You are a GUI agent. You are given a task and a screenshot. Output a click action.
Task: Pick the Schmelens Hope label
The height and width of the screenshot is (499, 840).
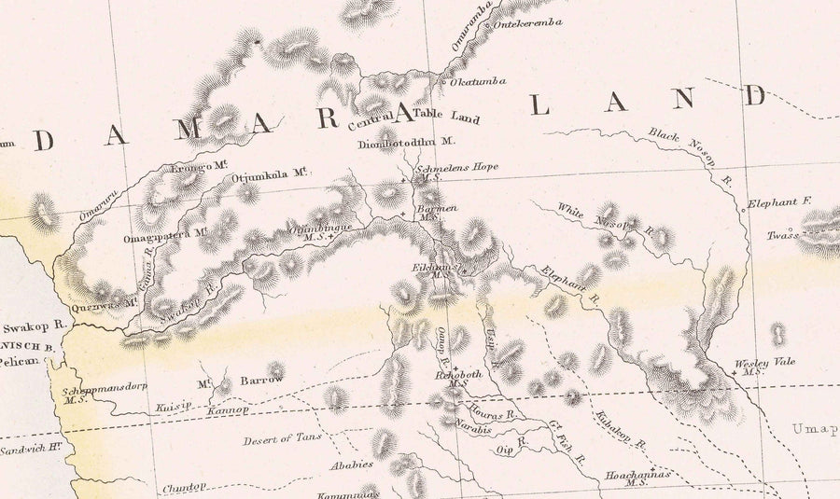pos(459,167)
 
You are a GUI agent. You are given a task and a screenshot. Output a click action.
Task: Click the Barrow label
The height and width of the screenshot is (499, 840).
pos(261,381)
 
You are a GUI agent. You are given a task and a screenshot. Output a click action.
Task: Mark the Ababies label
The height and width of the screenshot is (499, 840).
pos(351,464)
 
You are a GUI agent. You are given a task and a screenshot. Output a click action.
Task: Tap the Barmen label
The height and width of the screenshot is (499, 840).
pos(437,209)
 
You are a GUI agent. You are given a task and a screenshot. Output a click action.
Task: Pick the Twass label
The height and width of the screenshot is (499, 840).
pos(782,235)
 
